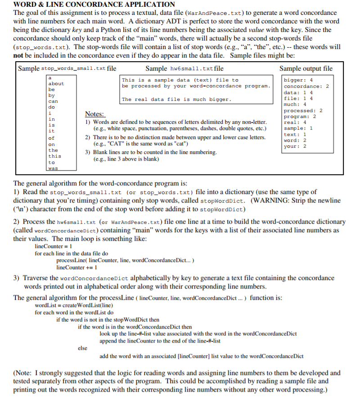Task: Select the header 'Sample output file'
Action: (306, 68)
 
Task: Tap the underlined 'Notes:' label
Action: (94, 114)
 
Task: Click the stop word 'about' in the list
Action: (56, 84)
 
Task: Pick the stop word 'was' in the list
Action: (54, 168)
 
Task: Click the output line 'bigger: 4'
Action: (298, 80)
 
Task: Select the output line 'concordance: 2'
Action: (306, 86)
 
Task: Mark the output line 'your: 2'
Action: (295, 146)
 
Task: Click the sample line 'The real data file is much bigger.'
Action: (176, 99)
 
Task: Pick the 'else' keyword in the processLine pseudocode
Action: (83, 348)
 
